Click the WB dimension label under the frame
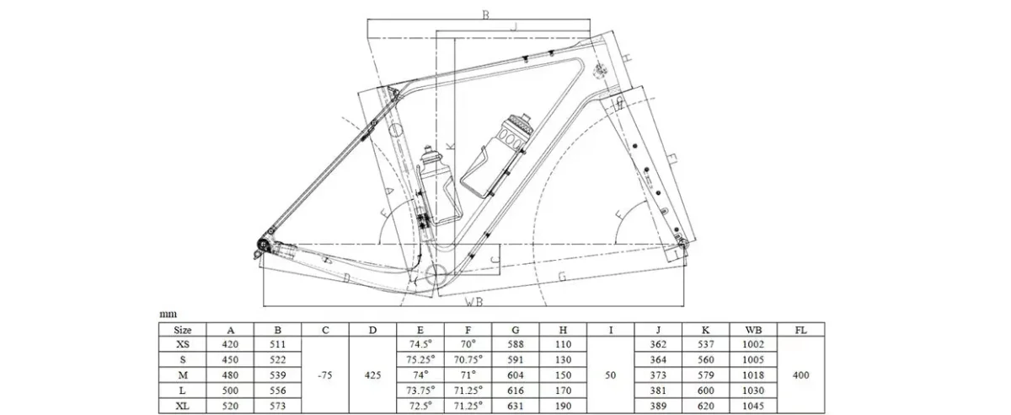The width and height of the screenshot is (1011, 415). pyautogui.click(x=473, y=301)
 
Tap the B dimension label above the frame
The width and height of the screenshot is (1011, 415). pyautogui.click(x=485, y=15)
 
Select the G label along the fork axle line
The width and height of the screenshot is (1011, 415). pyautogui.click(x=563, y=276)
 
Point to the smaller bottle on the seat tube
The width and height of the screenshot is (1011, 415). pyautogui.click(x=438, y=186)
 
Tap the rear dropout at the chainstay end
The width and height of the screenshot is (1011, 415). pyautogui.click(x=263, y=245)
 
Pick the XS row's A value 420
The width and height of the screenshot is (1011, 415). pyautogui.click(x=230, y=344)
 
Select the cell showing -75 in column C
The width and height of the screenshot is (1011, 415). pyautogui.click(x=325, y=375)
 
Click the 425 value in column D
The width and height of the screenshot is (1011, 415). pyautogui.click(x=372, y=375)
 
